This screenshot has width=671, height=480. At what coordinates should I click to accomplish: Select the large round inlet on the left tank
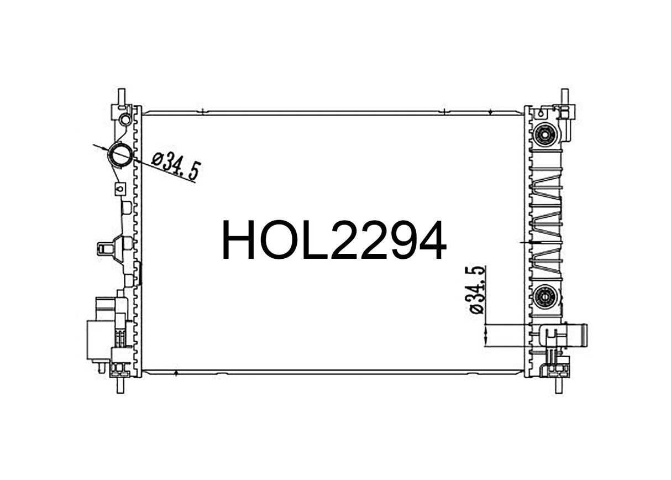pyautogui.click(x=119, y=155)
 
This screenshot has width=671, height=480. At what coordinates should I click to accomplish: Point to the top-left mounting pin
pyautogui.click(x=121, y=96)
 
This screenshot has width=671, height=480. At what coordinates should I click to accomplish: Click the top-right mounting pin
pyautogui.click(x=564, y=96)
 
